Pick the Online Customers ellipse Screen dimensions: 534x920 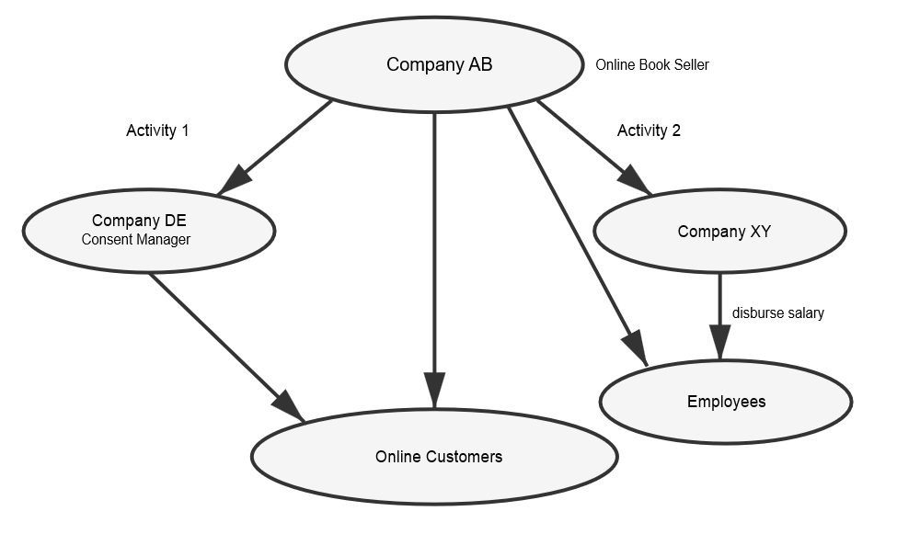(x=434, y=478)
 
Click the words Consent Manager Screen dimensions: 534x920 (x=136, y=240)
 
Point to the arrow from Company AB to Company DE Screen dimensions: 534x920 (x=281, y=143)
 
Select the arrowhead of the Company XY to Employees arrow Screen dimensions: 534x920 (x=719, y=342)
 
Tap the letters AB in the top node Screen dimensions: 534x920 (x=480, y=64)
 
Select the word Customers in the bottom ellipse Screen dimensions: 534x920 (x=465, y=456)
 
